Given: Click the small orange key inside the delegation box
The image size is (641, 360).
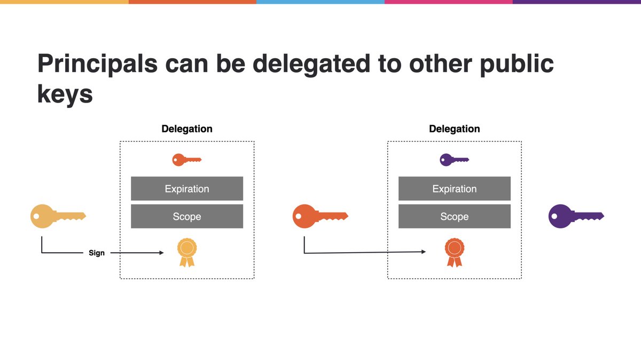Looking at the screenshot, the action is click(186, 159).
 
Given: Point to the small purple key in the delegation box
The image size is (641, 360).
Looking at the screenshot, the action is click(454, 159).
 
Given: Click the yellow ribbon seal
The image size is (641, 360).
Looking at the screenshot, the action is click(187, 252).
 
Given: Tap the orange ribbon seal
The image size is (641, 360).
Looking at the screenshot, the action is click(455, 252).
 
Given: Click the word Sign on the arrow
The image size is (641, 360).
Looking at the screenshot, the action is click(97, 253).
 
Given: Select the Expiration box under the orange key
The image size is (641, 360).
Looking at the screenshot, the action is click(187, 189).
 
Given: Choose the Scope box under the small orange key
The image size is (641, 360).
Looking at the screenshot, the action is click(187, 216).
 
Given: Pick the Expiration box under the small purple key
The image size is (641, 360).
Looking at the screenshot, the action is click(455, 189).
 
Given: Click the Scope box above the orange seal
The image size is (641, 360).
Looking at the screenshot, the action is click(455, 216).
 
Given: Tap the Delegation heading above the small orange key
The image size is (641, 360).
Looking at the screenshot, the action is click(187, 129).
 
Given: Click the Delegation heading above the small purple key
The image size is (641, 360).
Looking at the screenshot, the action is click(455, 129).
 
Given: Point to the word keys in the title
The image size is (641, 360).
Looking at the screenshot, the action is click(65, 94).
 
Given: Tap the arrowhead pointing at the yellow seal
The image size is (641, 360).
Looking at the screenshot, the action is click(161, 253).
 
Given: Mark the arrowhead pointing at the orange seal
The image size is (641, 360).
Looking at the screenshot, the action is click(423, 252).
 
